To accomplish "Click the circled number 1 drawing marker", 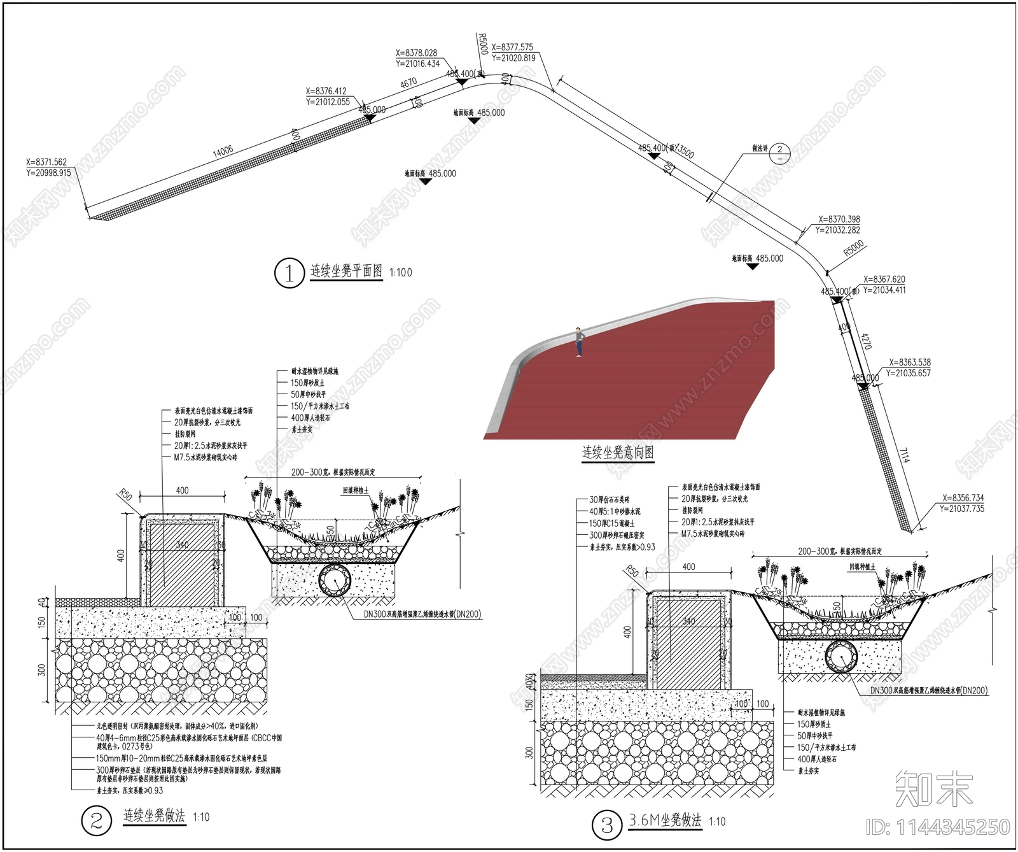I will coord(289,273).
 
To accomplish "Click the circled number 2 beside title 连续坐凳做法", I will coord(97,820).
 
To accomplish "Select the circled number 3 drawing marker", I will coord(607,826).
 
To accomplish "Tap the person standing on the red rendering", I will coord(578,342).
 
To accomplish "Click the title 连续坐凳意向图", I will coord(618,453).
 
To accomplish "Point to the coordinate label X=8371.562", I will coord(46,162).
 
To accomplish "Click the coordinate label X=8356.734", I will coord(963,498).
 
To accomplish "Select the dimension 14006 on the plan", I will coord(223,151).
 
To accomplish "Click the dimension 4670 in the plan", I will coord(408,83).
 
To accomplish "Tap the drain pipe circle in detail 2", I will coord(335,580).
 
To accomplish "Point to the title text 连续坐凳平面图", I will coord(347,271).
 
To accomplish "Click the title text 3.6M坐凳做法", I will coord(665,820).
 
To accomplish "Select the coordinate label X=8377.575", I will coord(512,47).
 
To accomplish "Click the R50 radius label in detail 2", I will coord(125,494).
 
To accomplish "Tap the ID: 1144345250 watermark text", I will coord(938,827).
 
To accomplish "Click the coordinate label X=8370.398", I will coord(839,220).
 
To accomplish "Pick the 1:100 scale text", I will coord(401,273).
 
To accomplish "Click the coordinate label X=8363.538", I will coord(910,362).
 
